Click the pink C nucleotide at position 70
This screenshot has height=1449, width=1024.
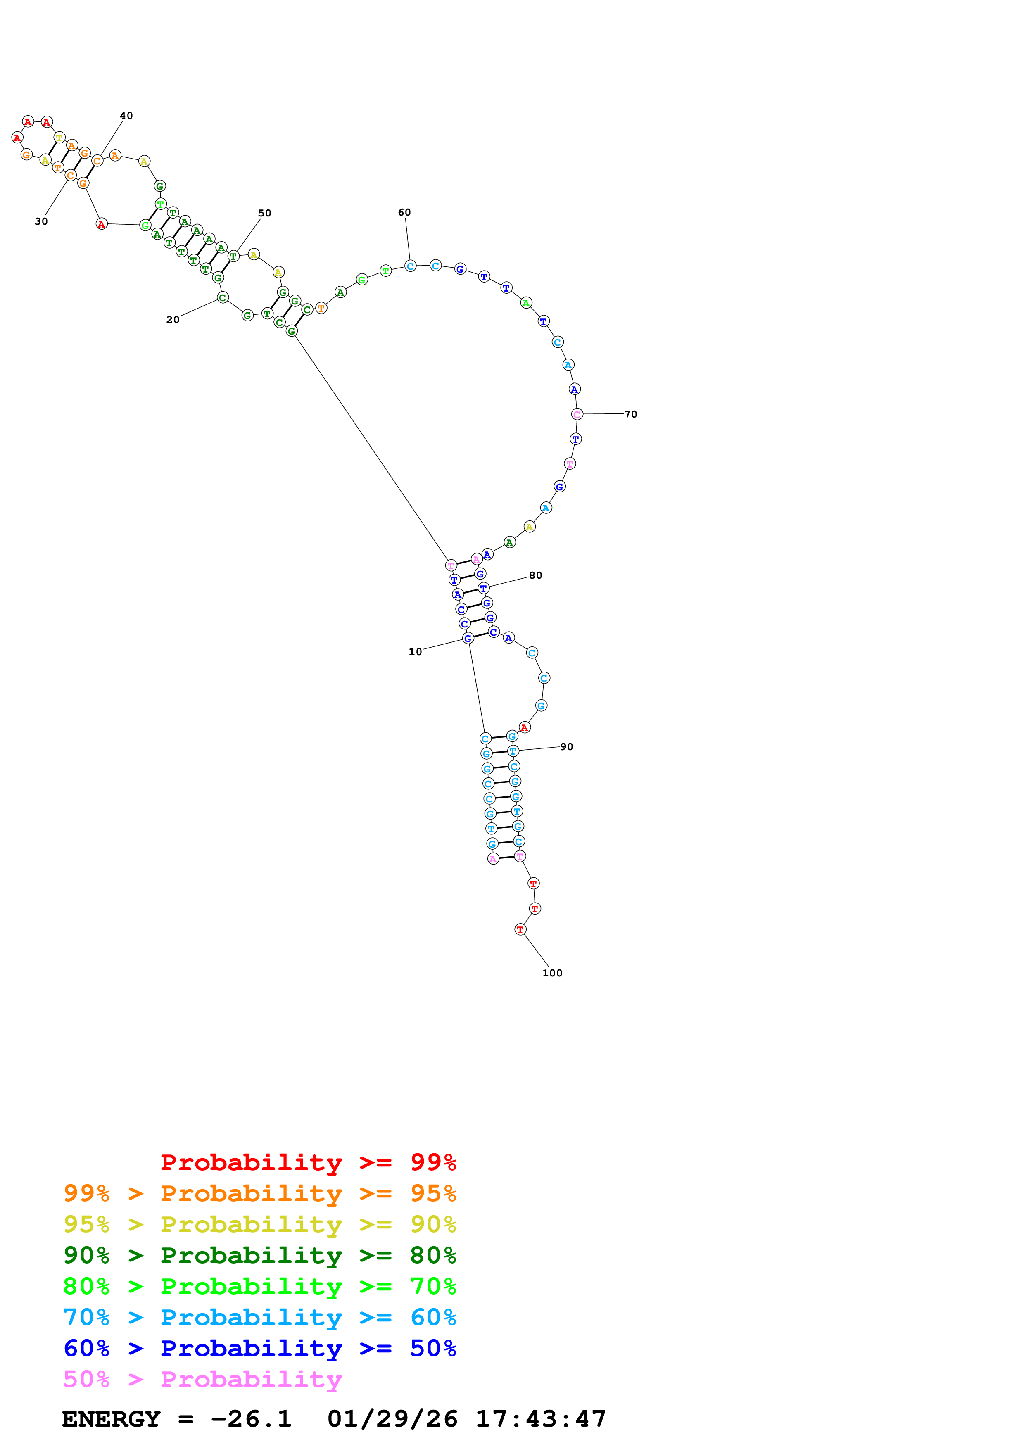coord(577,414)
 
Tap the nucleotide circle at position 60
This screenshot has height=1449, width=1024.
coord(410,266)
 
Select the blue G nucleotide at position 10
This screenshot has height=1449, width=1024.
coord(468,638)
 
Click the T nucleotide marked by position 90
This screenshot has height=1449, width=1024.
coord(513,751)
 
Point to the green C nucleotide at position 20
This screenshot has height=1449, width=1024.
coord(222,297)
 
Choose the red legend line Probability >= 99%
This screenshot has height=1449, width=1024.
coord(309,1162)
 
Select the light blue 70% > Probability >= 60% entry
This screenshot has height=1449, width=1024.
coord(260,1317)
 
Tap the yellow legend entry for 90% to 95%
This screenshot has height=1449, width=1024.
coord(260,1224)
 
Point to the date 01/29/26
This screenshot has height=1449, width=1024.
coord(392,1419)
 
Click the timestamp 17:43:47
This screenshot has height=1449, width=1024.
coord(541,1419)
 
